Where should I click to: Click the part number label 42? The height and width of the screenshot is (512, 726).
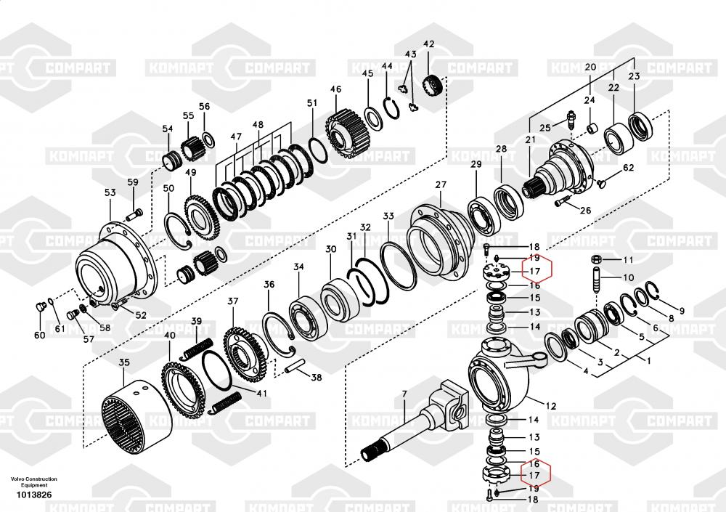tap(428, 45)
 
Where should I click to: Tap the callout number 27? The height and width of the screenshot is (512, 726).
tap(441, 185)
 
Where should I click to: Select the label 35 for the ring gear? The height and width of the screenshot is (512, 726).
tap(123, 362)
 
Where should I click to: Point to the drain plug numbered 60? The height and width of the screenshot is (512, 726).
tap(41, 309)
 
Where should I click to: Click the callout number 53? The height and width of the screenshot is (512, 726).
tap(110, 192)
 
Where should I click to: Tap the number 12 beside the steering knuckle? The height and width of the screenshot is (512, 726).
tap(551, 405)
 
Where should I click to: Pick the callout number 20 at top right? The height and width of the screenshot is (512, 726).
tap(590, 67)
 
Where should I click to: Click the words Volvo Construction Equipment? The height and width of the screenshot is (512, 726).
tap(33, 481)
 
